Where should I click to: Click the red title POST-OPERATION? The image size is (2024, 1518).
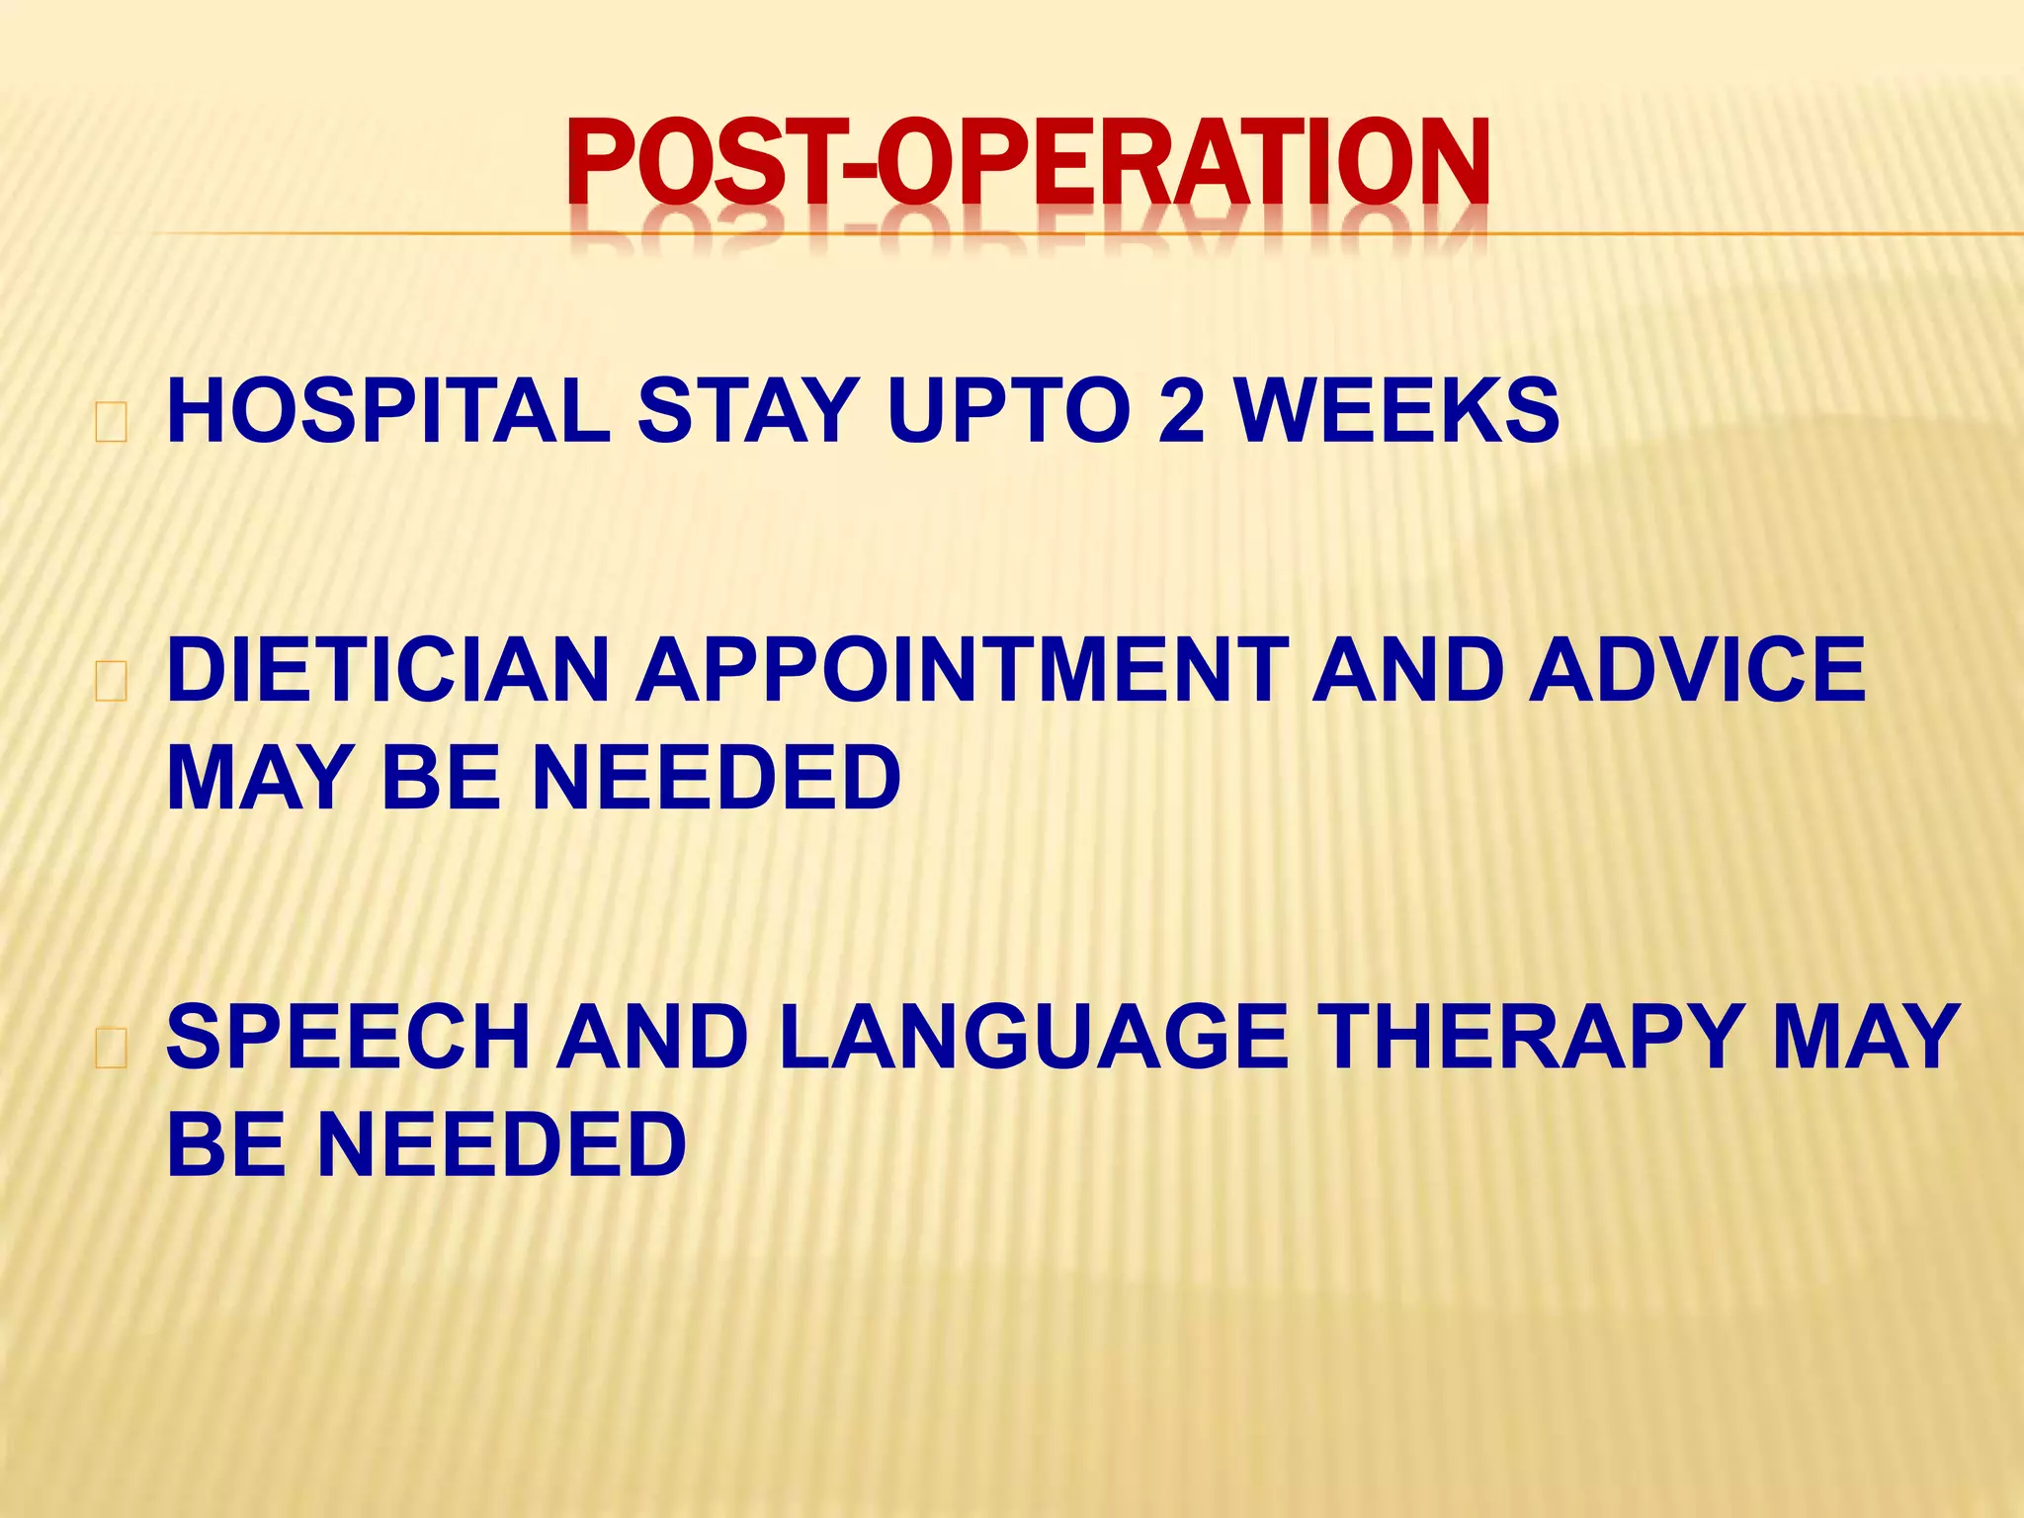(x=1028, y=163)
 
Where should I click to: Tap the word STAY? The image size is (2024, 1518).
(x=747, y=411)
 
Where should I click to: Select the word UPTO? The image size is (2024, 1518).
(x=1008, y=411)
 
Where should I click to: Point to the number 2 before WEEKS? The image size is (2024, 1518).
(x=1181, y=411)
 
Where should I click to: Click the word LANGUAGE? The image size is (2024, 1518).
(x=1034, y=1038)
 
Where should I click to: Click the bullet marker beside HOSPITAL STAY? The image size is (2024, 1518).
(x=111, y=423)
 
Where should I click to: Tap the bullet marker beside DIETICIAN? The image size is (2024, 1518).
(x=111, y=683)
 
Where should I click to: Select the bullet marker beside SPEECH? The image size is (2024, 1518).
(x=111, y=1050)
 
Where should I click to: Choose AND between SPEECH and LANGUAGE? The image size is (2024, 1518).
(x=652, y=1038)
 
